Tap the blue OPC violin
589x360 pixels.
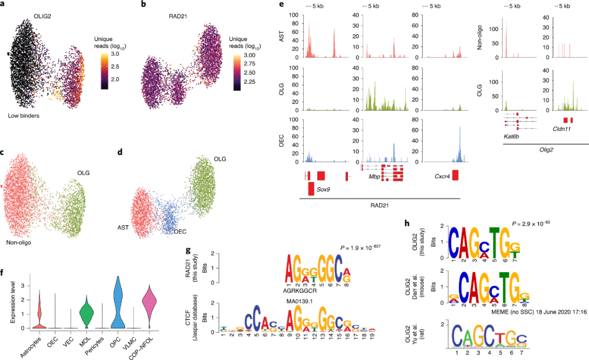116,305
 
